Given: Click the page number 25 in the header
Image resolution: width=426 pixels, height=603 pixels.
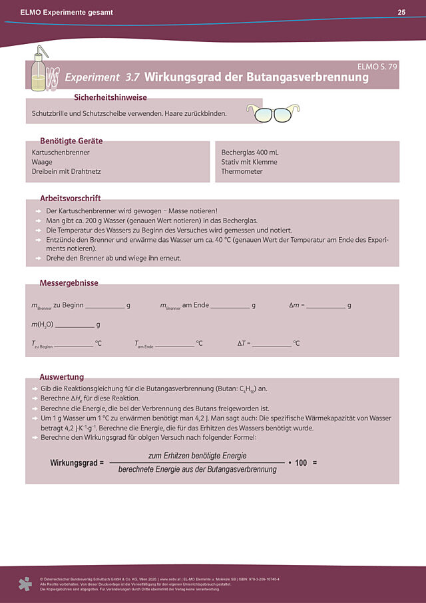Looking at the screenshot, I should (x=401, y=12).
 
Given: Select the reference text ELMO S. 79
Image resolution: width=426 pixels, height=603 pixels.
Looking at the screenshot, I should (x=377, y=67).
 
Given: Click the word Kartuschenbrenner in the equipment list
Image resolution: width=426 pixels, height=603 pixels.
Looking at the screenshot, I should (x=61, y=153).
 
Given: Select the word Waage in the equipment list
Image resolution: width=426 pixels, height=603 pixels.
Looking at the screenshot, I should (x=42, y=162).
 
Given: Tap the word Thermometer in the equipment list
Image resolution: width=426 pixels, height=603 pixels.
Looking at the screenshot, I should (x=242, y=171).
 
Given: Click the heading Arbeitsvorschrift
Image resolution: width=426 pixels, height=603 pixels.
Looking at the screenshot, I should (x=71, y=199).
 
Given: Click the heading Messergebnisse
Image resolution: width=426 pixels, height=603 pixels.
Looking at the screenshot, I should (x=69, y=283).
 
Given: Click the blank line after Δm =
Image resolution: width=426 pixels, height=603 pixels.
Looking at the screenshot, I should (x=325, y=307).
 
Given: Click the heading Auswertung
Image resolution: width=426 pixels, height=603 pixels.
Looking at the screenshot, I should (x=62, y=377).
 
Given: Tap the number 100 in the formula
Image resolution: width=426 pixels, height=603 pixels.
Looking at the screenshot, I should (x=301, y=462).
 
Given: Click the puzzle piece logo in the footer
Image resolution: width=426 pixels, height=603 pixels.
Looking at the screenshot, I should (x=25, y=584).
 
